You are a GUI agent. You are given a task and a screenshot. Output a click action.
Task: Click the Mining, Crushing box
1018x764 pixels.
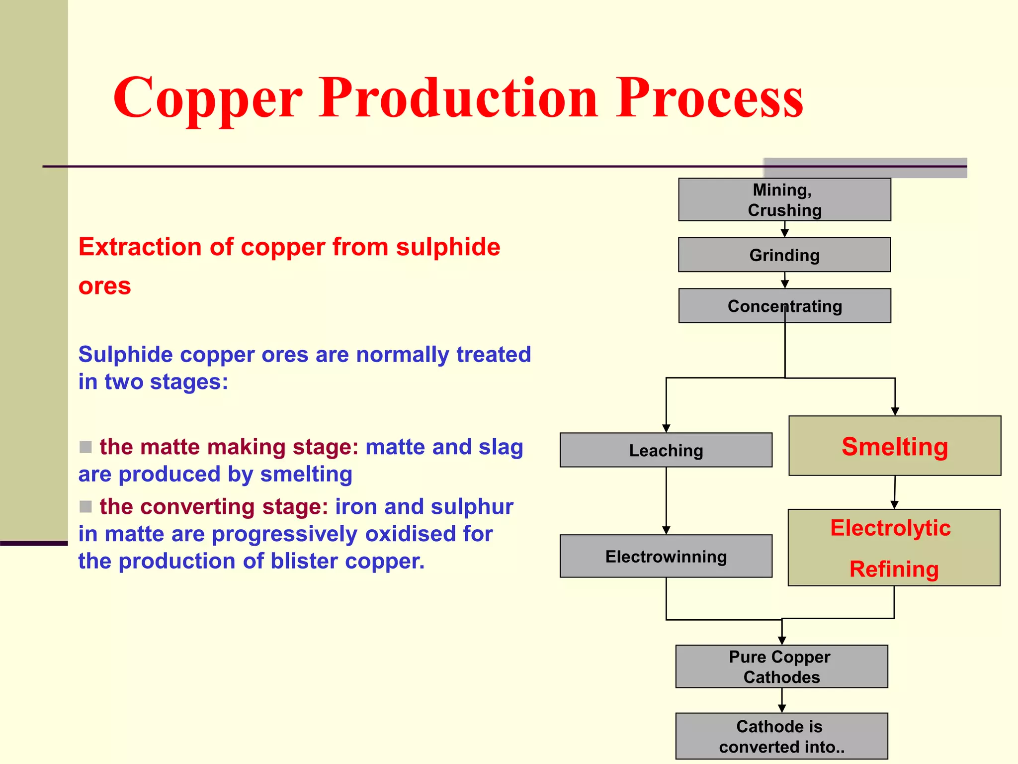tap(784, 199)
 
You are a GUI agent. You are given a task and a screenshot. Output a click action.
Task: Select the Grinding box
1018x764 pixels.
tap(784, 255)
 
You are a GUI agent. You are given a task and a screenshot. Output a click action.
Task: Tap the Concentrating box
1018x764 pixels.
tap(784, 305)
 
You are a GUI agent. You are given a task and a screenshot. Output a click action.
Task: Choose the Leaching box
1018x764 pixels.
tap(666, 450)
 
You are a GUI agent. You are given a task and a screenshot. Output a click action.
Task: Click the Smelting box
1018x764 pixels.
tap(895, 446)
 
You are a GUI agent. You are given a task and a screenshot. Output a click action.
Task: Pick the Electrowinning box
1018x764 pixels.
tap(666, 556)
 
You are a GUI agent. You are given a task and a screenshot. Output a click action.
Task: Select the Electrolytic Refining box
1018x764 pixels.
tap(894, 548)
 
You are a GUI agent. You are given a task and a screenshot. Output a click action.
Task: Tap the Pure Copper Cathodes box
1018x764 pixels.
tap(781, 667)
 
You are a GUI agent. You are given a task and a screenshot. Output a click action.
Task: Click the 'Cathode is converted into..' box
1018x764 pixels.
tap(781, 736)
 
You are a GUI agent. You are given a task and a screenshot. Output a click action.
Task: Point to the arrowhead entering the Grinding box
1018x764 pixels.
tap(785, 233)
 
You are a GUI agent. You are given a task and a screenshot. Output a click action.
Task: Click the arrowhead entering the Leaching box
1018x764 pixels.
tap(666, 428)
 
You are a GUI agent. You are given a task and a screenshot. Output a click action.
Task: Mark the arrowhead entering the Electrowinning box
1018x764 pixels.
tap(666, 530)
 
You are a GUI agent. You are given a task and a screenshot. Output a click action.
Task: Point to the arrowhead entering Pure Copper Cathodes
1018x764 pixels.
tap(782, 641)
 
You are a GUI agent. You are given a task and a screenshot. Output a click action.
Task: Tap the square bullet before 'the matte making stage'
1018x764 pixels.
tap(85, 447)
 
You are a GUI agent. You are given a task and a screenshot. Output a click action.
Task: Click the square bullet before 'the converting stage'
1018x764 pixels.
tap(85, 506)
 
